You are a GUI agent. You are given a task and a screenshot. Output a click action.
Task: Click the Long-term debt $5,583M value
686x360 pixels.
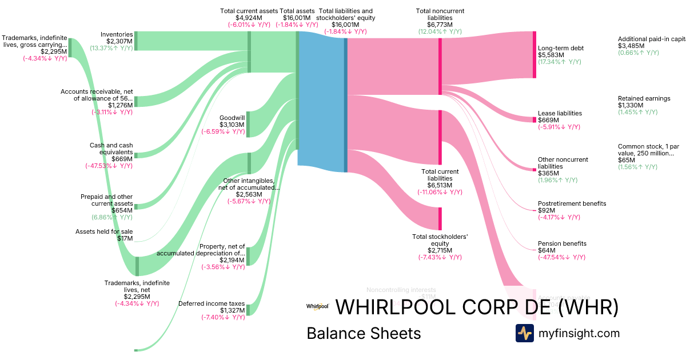[551, 55]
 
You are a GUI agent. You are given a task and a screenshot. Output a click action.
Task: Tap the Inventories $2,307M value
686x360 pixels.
[119, 41]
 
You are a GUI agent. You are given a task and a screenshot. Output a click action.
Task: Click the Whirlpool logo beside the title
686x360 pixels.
[317, 307]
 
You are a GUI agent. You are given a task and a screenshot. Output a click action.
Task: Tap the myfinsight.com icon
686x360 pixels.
[524, 333]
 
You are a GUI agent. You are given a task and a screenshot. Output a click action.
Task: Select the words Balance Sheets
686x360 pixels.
[364, 333]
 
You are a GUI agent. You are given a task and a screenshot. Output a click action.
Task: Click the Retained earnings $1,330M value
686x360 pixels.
[631, 105]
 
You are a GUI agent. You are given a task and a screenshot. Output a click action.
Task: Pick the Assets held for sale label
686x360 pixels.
[104, 231]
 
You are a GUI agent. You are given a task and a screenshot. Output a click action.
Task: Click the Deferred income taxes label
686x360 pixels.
[212, 303]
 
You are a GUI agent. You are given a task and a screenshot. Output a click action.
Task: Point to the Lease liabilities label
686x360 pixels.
[560, 113]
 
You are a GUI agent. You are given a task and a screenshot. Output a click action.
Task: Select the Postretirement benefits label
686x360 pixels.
[572, 203]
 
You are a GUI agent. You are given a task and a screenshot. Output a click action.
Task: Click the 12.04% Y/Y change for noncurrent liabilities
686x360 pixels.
[440, 31]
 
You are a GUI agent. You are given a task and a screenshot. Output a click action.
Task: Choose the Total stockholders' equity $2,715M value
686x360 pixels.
[440, 250]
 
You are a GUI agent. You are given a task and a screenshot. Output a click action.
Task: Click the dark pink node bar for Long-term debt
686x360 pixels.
[535, 55]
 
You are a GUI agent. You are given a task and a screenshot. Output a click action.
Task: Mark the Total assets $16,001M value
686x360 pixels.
[296, 18]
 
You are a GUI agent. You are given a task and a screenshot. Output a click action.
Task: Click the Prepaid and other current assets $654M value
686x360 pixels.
[122, 210]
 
